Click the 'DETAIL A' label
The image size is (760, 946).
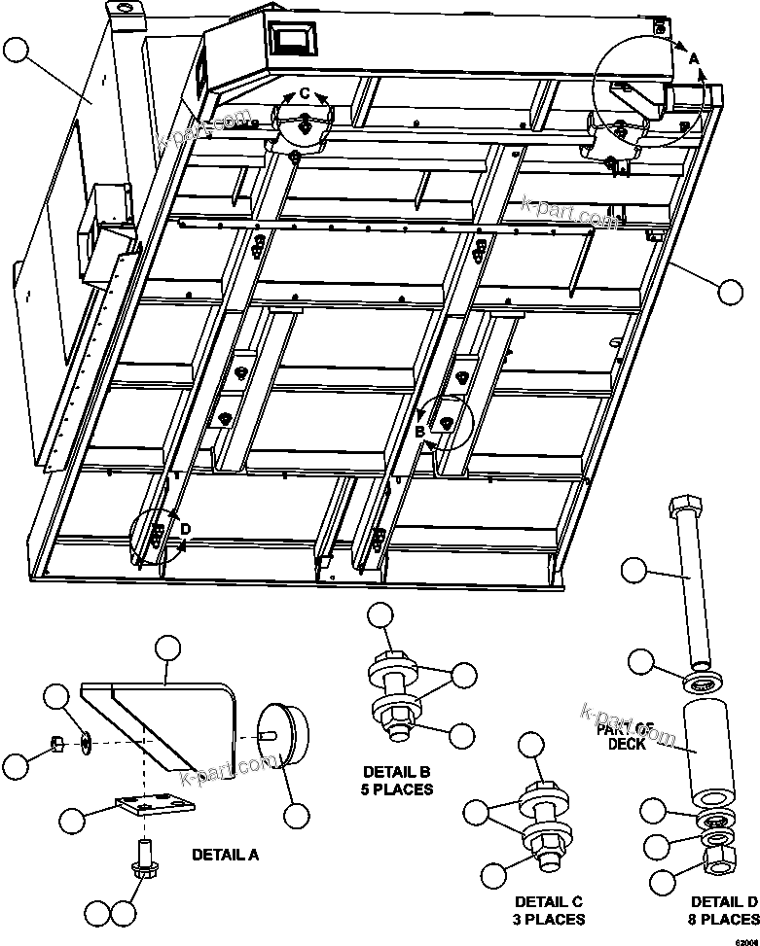pos(225,856)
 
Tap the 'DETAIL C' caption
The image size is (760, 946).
pos(549,901)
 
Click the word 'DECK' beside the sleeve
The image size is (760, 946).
pos(628,744)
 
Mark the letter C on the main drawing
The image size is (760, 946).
pos(305,93)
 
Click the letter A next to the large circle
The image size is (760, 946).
pos(694,58)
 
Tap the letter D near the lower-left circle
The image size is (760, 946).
pos(185,528)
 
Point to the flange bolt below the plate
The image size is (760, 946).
pos(143,856)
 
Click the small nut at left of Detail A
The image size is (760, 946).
pos(57,745)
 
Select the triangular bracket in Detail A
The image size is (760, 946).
pos(165,719)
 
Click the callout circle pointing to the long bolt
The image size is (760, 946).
pos(633,571)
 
